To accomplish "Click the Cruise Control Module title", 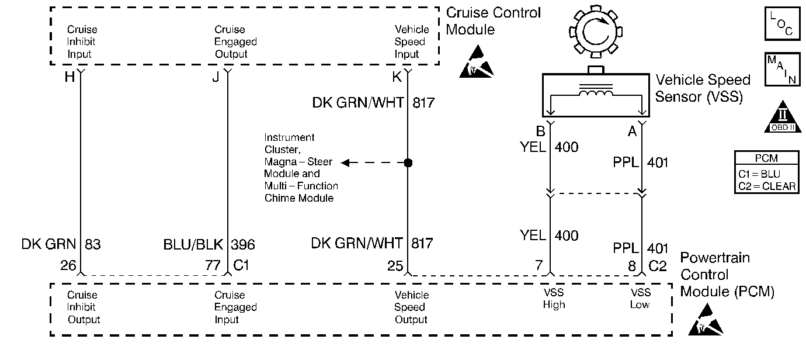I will (x=494, y=21).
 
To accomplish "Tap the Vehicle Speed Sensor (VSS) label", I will (x=703, y=88).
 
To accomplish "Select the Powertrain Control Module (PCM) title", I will (x=727, y=275).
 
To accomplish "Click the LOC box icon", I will (x=781, y=24).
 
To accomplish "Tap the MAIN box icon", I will (x=781, y=70).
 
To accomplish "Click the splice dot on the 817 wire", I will (x=408, y=162).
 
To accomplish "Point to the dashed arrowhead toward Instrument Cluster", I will (x=346, y=162).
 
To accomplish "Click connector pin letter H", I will (x=69, y=77).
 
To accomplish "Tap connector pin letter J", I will (x=216, y=77).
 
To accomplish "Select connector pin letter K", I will (x=397, y=77).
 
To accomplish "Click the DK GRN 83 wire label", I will (x=61, y=244).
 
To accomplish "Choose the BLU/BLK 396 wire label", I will (x=209, y=244).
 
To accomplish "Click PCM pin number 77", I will (x=213, y=266).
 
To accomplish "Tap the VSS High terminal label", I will (x=553, y=299).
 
